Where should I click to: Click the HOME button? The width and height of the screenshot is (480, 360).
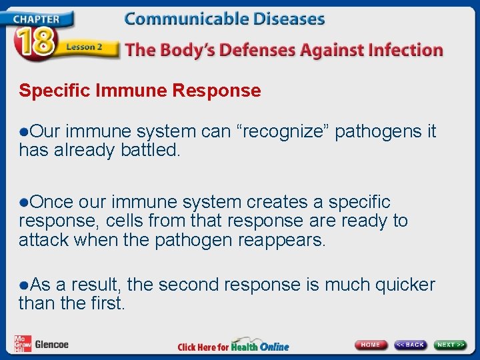pos(371,345)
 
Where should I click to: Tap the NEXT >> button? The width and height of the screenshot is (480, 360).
pos(451,345)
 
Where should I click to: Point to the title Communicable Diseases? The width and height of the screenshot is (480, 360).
pos(225,19)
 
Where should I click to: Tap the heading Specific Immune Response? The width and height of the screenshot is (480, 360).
pos(140,91)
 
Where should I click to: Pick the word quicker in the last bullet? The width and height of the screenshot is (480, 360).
pos(405,285)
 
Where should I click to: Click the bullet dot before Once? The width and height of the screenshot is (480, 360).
pos(24,202)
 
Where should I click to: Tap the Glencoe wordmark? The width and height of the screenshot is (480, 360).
pos(51,345)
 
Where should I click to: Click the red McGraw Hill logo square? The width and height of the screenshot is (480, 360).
pos(22,343)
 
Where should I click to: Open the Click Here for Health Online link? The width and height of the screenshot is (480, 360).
pos(233,346)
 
